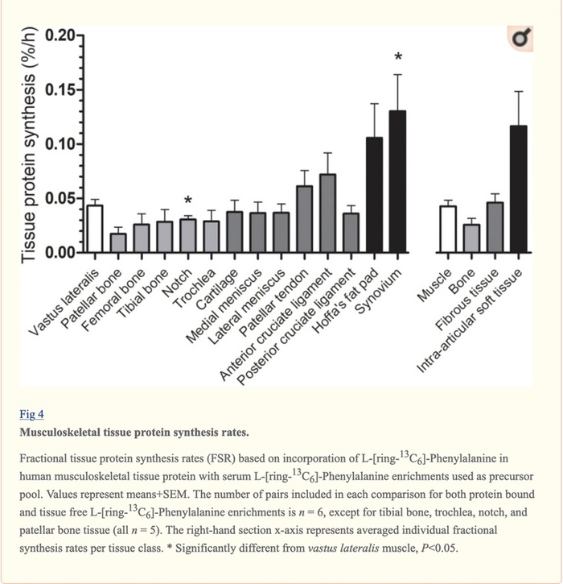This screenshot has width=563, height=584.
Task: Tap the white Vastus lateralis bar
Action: (95, 229)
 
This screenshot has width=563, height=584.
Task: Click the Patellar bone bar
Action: (118, 242)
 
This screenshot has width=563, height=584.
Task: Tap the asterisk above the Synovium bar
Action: (397, 58)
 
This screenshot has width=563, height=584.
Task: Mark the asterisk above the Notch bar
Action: (188, 201)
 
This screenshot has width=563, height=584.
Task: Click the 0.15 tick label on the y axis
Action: (61, 89)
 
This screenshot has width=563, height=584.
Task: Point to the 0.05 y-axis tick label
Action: (61, 198)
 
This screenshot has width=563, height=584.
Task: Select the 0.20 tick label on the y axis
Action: (61, 35)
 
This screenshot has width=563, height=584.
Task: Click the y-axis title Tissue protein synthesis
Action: (29, 145)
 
